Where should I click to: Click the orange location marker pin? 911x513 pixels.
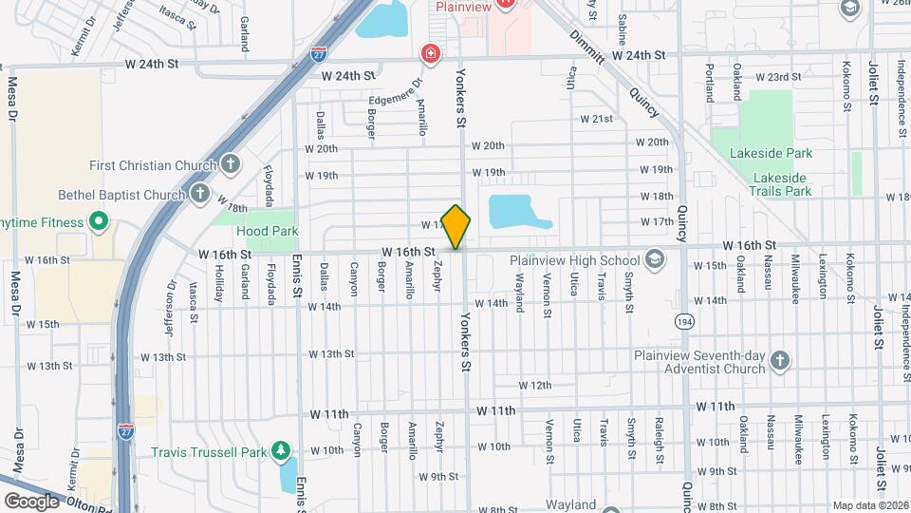(456, 226)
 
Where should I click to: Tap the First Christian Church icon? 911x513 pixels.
(230, 164)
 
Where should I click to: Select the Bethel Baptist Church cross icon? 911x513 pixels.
(199, 194)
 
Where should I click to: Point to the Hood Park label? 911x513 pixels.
(268, 231)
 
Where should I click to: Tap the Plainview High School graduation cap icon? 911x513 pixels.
(653, 259)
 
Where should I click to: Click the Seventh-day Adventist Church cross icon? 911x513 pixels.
(779, 361)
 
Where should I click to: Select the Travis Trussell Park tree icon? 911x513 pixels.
(280, 448)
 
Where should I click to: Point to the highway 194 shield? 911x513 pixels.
(684, 322)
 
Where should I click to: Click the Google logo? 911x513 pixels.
(31, 501)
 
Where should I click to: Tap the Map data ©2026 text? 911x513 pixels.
(869, 505)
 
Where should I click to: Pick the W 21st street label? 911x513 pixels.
(596, 119)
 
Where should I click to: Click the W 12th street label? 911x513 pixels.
(534, 385)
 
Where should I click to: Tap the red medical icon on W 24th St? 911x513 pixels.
(432, 53)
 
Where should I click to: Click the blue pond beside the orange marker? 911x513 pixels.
(517, 212)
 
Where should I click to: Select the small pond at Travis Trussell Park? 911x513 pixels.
(287, 474)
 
